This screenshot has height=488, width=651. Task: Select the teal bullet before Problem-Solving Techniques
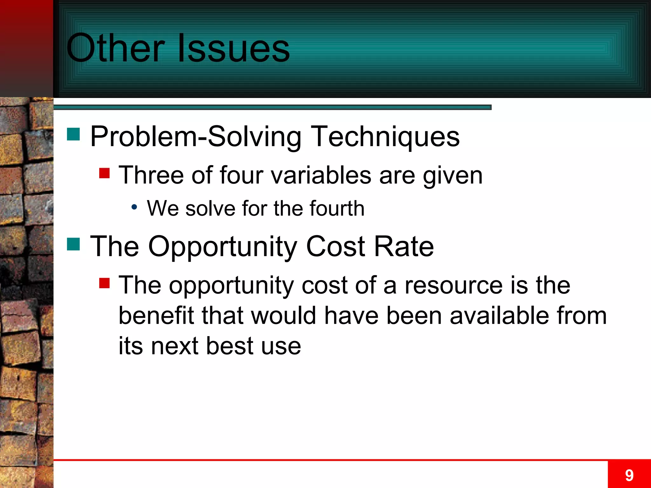tap(73, 134)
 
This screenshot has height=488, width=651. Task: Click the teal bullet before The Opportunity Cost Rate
tap(73, 244)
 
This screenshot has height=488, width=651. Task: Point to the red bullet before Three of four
tap(104, 173)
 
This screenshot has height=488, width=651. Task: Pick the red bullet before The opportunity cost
tap(104, 283)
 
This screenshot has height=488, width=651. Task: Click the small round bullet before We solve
tap(134, 207)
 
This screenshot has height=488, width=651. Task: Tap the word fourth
tap(337, 208)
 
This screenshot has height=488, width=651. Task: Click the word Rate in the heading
tap(404, 247)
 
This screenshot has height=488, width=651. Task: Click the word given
tap(452, 175)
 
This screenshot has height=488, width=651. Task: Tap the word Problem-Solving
tap(196, 137)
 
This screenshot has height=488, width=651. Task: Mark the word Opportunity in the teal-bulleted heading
tap(223, 247)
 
